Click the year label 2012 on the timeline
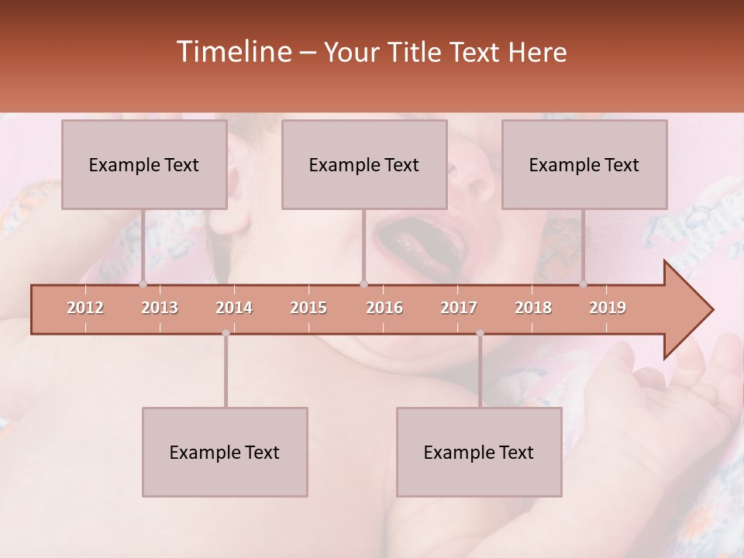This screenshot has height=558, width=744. point(85,308)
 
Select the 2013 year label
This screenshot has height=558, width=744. point(160,308)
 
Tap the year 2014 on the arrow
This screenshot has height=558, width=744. point(234,308)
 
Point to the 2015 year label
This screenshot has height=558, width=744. point(308,308)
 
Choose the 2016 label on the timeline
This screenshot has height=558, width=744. point(384,308)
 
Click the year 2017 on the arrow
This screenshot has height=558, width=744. point(459,308)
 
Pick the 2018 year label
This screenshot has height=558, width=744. point(533,308)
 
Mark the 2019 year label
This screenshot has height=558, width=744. point(608,308)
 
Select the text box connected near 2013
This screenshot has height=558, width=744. point(144,164)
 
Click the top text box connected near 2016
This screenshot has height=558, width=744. point(364,164)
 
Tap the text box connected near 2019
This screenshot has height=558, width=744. point(584,164)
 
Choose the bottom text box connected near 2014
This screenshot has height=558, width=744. point(225,452)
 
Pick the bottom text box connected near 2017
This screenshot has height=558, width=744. point(479,452)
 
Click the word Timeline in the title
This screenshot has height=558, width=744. point(232,52)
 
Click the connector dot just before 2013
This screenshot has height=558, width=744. point(143,284)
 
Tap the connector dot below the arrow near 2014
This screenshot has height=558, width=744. point(226,333)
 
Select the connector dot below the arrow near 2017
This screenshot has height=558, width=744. point(480,333)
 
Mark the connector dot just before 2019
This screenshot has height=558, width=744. point(583,284)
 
